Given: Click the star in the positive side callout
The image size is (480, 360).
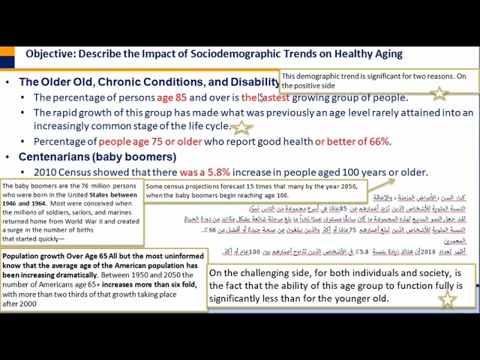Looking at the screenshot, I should click(439, 93).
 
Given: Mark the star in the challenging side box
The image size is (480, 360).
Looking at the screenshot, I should click(447, 299).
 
